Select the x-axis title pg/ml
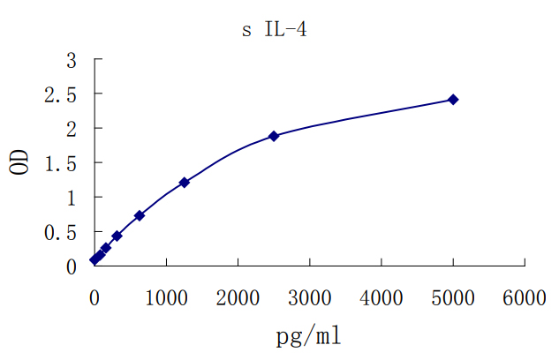click(x=308, y=335)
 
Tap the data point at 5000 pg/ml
click(x=453, y=100)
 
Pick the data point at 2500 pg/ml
click(x=274, y=136)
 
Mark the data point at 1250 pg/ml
click(x=184, y=183)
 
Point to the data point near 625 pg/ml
click(x=140, y=215)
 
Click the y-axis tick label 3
click(x=72, y=60)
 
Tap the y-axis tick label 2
click(x=72, y=129)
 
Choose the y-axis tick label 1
click(x=72, y=198)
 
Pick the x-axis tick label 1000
click(x=166, y=298)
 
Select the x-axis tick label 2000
click(x=238, y=298)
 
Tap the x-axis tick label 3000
click(x=309, y=298)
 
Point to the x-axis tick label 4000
click(x=381, y=298)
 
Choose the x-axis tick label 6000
click(x=525, y=298)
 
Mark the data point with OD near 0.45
click(x=117, y=236)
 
